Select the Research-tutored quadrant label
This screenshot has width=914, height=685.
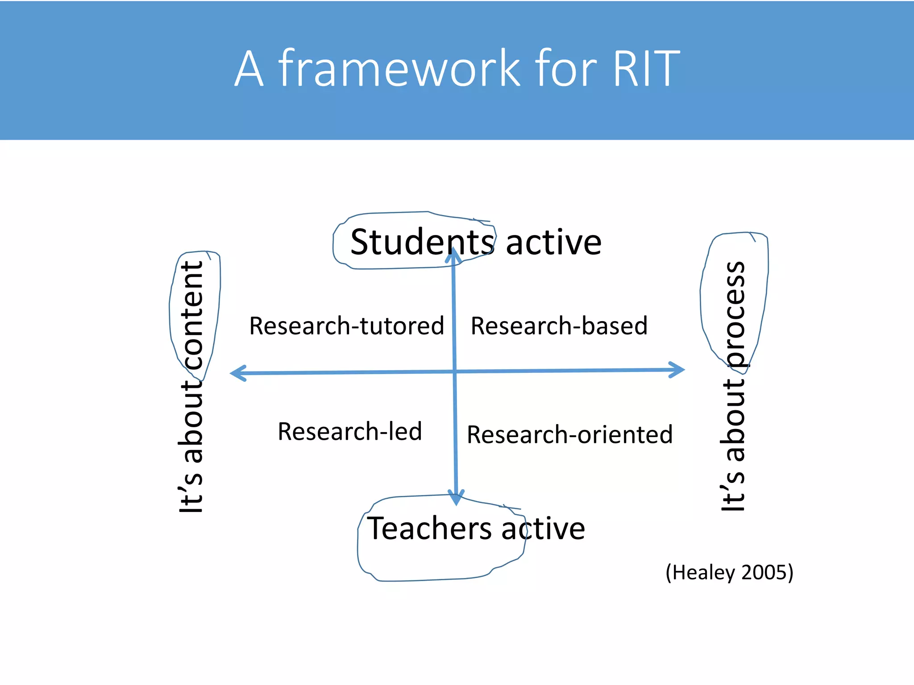pos(346,326)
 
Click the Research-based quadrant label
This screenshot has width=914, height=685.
pos(559,326)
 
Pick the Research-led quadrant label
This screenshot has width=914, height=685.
pos(349,431)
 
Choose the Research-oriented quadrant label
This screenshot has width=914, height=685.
pos(569,435)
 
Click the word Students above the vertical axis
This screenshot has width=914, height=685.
pos(422,242)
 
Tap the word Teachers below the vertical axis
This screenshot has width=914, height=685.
pos(430,528)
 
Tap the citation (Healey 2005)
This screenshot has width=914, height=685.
pos(729,572)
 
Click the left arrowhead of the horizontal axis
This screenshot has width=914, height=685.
pos(237,373)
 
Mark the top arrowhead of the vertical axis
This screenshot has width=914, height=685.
pos(453,254)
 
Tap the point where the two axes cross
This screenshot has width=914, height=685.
pos(455,371)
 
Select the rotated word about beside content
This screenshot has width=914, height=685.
pos(192,421)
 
